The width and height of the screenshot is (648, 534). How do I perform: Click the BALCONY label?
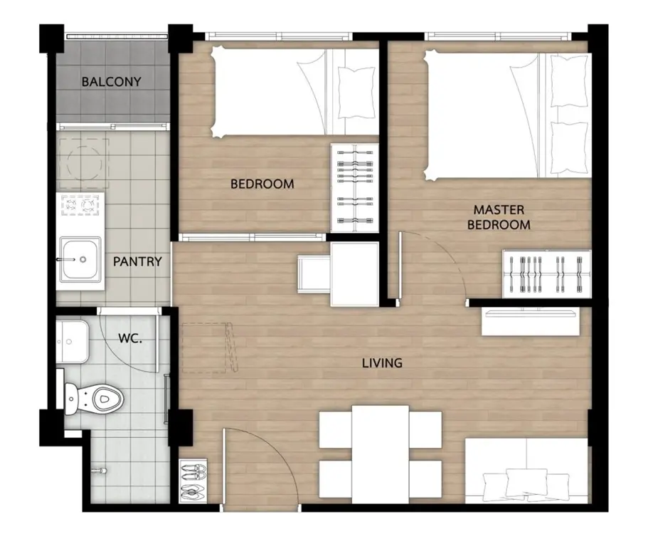(111, 81)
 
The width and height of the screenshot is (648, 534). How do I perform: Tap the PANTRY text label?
(137, 261)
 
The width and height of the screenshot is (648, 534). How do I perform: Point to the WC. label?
(130, 338)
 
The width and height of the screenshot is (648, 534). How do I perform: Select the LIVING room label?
(382, 363)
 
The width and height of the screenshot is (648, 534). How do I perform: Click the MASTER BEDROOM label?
(499, 217)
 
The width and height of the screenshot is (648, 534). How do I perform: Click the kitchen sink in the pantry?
(80, 259)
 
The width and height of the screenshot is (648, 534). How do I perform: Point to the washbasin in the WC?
(73, 342)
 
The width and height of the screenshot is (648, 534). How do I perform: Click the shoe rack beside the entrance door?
(193, 481)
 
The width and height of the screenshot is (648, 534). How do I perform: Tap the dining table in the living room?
(381, 454)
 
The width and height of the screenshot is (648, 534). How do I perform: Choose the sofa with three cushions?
(527, 471)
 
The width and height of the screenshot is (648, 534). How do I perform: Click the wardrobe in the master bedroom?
(546, 274)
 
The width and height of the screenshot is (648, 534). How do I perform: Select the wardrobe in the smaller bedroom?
(354, 188)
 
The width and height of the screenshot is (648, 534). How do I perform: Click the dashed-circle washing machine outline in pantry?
(85, 163)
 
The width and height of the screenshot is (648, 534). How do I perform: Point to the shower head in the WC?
(100, 471)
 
